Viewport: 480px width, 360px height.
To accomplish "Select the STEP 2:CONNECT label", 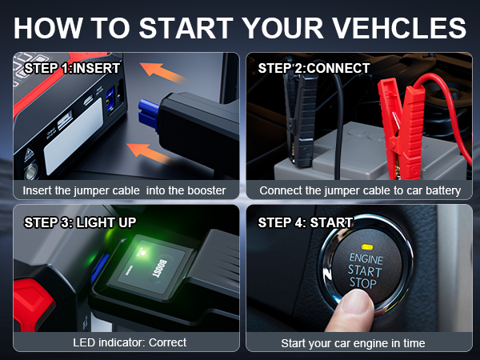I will click(314, 68).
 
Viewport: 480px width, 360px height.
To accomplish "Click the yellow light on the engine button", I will click(366, 248).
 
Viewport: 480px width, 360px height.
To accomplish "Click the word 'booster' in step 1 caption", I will click(205, 190).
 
